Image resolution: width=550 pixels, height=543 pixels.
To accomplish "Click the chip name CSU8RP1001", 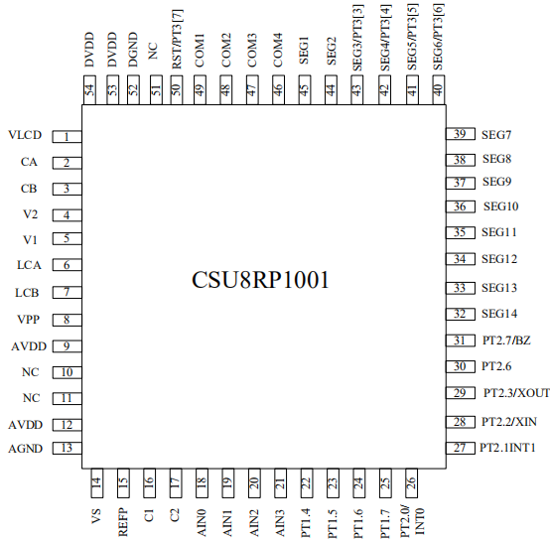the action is click(x=260, y=280).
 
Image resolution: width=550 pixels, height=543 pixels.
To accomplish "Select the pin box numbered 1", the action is click(x=67, y=136).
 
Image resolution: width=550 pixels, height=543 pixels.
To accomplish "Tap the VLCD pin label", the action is click(x=25, y=135).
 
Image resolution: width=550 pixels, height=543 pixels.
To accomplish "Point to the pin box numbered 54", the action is click(x=89, y=89).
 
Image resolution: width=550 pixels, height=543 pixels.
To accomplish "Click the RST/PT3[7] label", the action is click(x=177, y=40).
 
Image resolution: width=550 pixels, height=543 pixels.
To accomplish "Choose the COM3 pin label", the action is click(x=252, y=51).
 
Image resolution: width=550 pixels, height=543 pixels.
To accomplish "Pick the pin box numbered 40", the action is click(x=439, y=89).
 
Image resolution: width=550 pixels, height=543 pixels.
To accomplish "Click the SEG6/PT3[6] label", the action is click(x=439, y=37).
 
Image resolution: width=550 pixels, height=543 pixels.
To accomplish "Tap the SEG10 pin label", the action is click(x=501, y=206).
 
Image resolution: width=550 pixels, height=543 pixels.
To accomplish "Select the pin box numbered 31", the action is click(x=461, y=340).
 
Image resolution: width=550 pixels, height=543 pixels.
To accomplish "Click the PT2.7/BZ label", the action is click(x=506, y=340).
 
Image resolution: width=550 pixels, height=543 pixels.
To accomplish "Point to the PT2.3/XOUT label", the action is click(x=516, y=393).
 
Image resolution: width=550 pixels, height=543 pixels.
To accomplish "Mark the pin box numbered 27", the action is click(x=461, y=448).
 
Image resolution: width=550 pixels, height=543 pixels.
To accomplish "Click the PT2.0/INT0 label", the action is click(x=413, y=521).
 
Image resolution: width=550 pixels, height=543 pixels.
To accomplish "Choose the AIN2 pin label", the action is click(x=253, y=523).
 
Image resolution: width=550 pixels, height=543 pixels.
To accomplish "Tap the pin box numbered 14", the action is click(x=97, y=482).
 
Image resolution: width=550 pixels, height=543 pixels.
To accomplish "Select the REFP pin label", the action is click(x=123, y=523).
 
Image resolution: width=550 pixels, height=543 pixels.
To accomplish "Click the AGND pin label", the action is click(x=25, y=449).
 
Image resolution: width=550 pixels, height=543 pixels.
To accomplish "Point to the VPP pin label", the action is click(x=28, y=320).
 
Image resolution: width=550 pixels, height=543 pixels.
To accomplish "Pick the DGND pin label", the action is click(x=133, y=50).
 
